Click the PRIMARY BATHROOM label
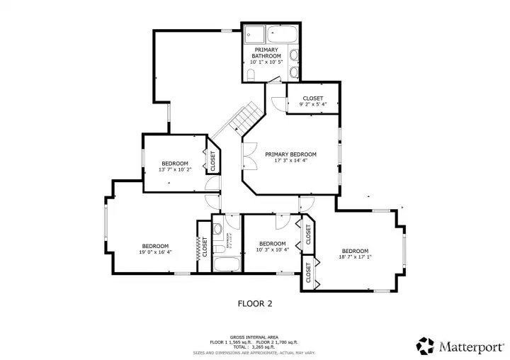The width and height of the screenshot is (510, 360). (266, 52)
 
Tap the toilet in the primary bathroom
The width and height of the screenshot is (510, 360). (251, 74)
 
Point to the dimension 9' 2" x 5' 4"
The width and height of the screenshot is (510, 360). (312, 104)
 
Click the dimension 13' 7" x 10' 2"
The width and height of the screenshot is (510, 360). (174, 170)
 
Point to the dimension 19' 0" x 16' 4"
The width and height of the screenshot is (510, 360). (155, 252)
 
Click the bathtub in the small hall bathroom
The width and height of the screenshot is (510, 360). (227, 265)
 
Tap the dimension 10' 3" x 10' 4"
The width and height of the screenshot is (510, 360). (272, 249)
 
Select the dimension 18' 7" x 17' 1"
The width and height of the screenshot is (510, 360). (355, 257)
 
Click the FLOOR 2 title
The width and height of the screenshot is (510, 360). (254, 303)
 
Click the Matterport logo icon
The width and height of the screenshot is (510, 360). (425, 345)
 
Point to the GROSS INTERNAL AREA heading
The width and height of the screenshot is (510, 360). (253, 337)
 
